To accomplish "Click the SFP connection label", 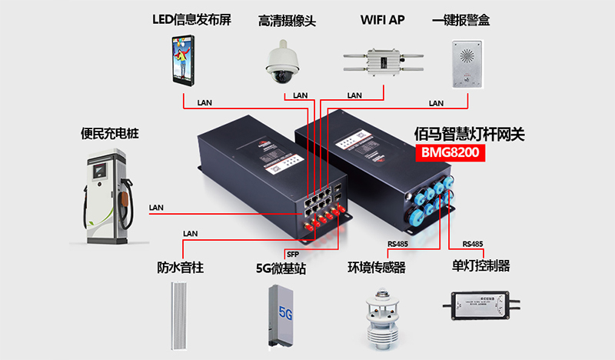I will coord(292,254).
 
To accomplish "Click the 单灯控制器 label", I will coord(481,267).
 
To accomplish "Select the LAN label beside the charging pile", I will coord(157,208).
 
